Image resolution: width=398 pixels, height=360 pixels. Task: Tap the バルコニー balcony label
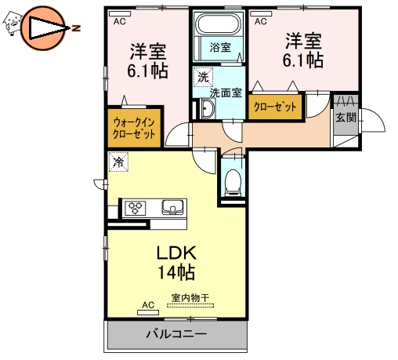(176, 335)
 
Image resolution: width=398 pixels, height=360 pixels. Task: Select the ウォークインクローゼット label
(134, 128)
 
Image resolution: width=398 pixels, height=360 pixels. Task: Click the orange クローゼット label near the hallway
(275, 107)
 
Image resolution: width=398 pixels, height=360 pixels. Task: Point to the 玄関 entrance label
(346, 118)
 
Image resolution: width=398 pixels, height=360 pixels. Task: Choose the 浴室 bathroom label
(220, 48)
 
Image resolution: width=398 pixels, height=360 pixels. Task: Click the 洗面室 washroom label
(224, 92)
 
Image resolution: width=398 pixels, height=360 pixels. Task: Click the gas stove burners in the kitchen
(135, 208)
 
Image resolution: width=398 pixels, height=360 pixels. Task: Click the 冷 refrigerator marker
(118, 163)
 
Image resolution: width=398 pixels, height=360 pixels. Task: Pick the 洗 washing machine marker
(202, 77)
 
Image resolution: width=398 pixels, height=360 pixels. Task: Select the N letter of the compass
(77, 30)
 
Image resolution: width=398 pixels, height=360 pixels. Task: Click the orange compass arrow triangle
(46, 30)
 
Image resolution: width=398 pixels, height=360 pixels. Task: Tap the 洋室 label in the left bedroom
(148, 52)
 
